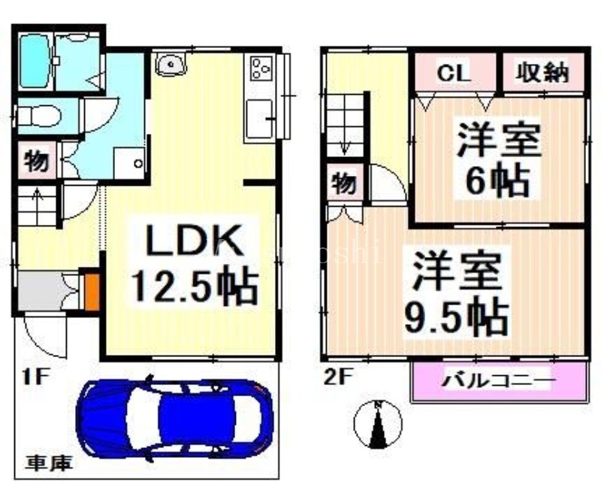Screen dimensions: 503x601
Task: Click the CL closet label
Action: point(455,73)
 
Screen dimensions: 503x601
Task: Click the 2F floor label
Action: point(336,377)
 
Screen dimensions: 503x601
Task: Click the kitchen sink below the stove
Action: point(261,118)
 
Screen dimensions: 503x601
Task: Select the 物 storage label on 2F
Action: point(344,183)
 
